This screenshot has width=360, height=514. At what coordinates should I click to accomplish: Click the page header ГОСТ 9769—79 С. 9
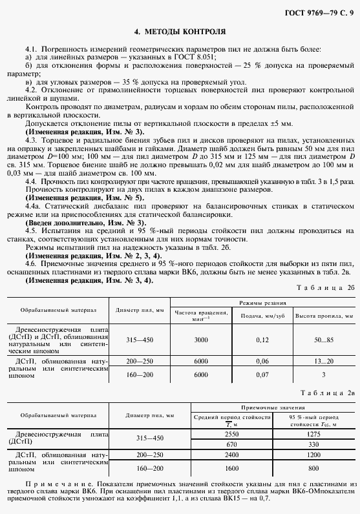(x=319, y=14)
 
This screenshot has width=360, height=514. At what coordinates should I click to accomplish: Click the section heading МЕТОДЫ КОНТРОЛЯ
(x=180, y=31)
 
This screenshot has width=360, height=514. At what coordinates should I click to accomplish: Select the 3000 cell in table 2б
(x=201, y=340)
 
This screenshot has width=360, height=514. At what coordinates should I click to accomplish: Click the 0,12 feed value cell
(x=262, y=340)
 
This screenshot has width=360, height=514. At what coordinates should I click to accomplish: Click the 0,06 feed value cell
(x=262, y=362)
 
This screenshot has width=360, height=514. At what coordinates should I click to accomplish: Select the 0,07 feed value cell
(x=262, y=374)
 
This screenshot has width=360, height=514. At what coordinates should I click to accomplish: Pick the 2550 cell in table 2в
(x=232, y=435)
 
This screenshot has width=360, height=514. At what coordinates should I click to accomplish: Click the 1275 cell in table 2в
(x=313, y=435)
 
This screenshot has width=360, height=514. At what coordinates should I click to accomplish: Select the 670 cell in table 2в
(x=232, y=445)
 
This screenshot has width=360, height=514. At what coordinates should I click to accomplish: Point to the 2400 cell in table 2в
(x=232, y=455)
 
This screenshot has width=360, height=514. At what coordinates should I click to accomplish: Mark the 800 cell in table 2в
(x=313, y=466)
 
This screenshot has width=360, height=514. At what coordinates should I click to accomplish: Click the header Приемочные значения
(x=273, y=407)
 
